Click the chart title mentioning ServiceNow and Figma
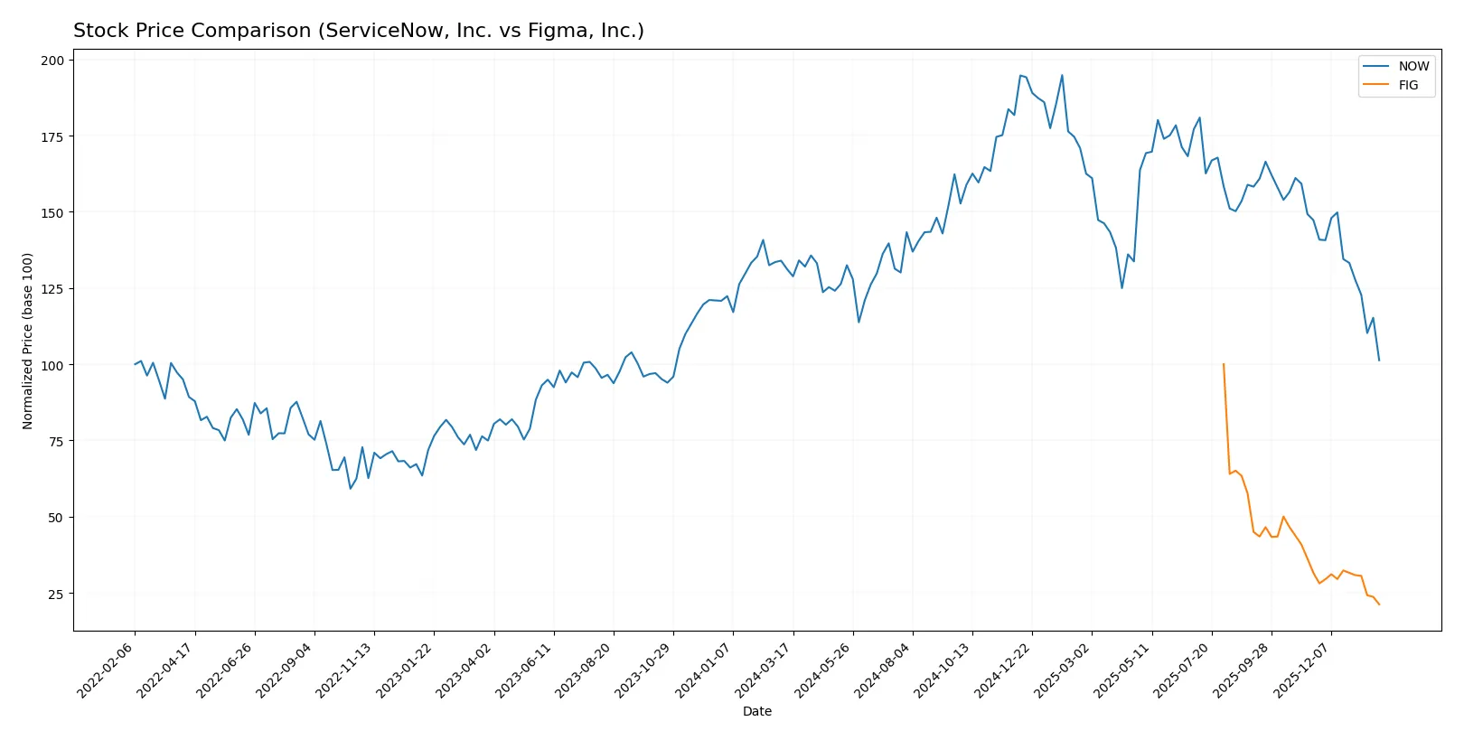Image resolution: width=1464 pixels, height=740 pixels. [358, 31]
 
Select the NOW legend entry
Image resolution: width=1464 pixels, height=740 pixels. [1412, 66]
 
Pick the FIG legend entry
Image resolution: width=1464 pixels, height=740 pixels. [1408, 85]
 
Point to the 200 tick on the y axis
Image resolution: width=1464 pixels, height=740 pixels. [52, 61]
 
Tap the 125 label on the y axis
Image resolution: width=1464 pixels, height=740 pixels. [52, 289]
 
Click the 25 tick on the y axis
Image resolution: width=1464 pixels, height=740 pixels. [56, 594]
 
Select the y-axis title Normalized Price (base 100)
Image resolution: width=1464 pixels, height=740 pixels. [28, 341]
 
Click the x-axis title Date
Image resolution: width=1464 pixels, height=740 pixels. [756, 711]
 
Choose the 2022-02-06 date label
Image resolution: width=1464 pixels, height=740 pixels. [107, 670]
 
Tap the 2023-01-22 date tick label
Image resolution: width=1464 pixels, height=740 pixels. [406, 670]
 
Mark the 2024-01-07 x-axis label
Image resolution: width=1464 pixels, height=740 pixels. [705, 670]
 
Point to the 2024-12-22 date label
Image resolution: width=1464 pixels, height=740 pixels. [1004, 670]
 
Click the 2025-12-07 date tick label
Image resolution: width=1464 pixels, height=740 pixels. [1303, 670]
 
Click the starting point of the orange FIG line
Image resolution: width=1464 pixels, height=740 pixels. [1224, 364]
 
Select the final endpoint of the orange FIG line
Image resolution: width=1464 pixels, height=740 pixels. [1379, 604]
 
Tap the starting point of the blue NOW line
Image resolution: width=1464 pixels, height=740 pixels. [135, 364]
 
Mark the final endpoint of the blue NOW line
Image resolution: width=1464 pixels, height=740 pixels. [1379, 361]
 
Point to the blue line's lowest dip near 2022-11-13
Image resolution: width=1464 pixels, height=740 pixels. [351, 489]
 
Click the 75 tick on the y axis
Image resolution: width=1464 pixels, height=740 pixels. [56, 441]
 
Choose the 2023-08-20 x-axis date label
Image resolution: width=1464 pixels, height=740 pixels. [585, 670]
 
